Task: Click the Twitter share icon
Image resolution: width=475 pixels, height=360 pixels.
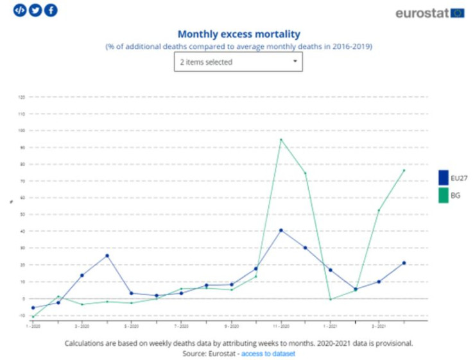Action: [35, 10]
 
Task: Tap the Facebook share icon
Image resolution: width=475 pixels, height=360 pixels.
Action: [51, 10]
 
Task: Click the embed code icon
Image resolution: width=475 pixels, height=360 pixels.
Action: [20, 10]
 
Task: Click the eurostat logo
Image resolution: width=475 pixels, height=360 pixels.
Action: [429, 13]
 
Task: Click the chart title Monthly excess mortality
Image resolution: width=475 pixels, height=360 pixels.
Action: [238, 34]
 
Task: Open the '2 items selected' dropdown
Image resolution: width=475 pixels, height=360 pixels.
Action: [238, 62]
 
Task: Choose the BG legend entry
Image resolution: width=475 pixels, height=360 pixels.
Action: [450, 195]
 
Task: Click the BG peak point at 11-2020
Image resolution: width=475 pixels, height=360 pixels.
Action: [281, 139]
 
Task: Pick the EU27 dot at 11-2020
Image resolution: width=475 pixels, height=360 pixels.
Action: [281, 230]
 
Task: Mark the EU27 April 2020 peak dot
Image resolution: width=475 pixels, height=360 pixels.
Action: [107, 255]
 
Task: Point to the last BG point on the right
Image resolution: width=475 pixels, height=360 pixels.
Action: [404, 170]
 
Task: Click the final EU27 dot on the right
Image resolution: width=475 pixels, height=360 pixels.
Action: [404, 262]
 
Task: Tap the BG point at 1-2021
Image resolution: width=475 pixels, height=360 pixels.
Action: [330, 299]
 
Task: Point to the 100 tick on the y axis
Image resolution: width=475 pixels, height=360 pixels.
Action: [21, 130]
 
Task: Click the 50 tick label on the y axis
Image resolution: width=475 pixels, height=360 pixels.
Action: [21, 214]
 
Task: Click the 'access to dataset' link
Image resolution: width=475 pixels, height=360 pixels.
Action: [268, 354]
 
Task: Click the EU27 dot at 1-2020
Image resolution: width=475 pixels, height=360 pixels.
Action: [33, 307]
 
